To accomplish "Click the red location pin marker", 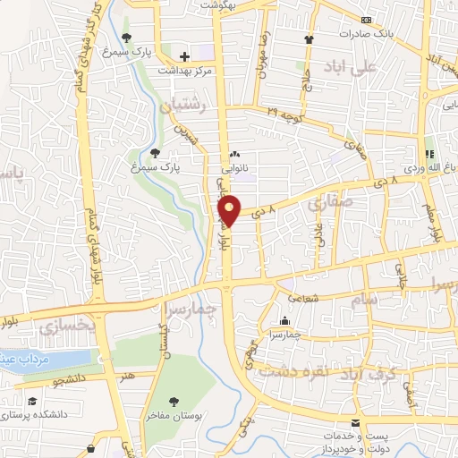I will [231, 209].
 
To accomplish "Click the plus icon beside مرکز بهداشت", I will [184, 55].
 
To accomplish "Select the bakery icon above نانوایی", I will [234, 154].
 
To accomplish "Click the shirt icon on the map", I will [310, 39].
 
